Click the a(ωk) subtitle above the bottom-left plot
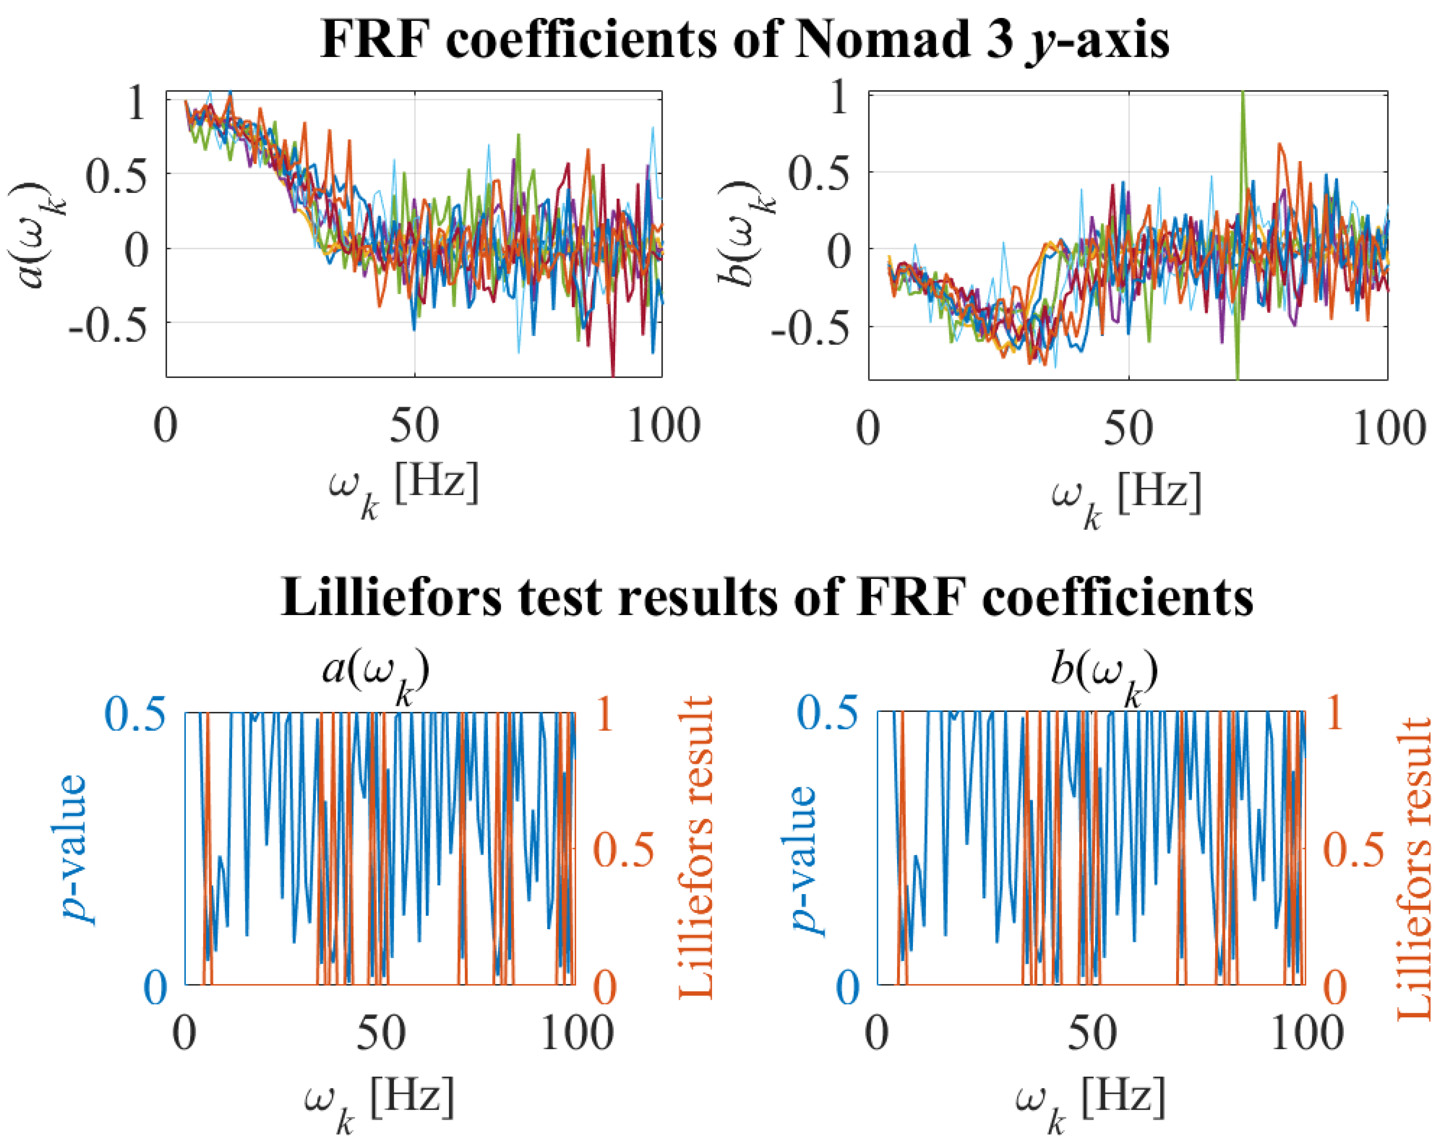376,673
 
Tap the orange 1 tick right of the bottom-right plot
1335,715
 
